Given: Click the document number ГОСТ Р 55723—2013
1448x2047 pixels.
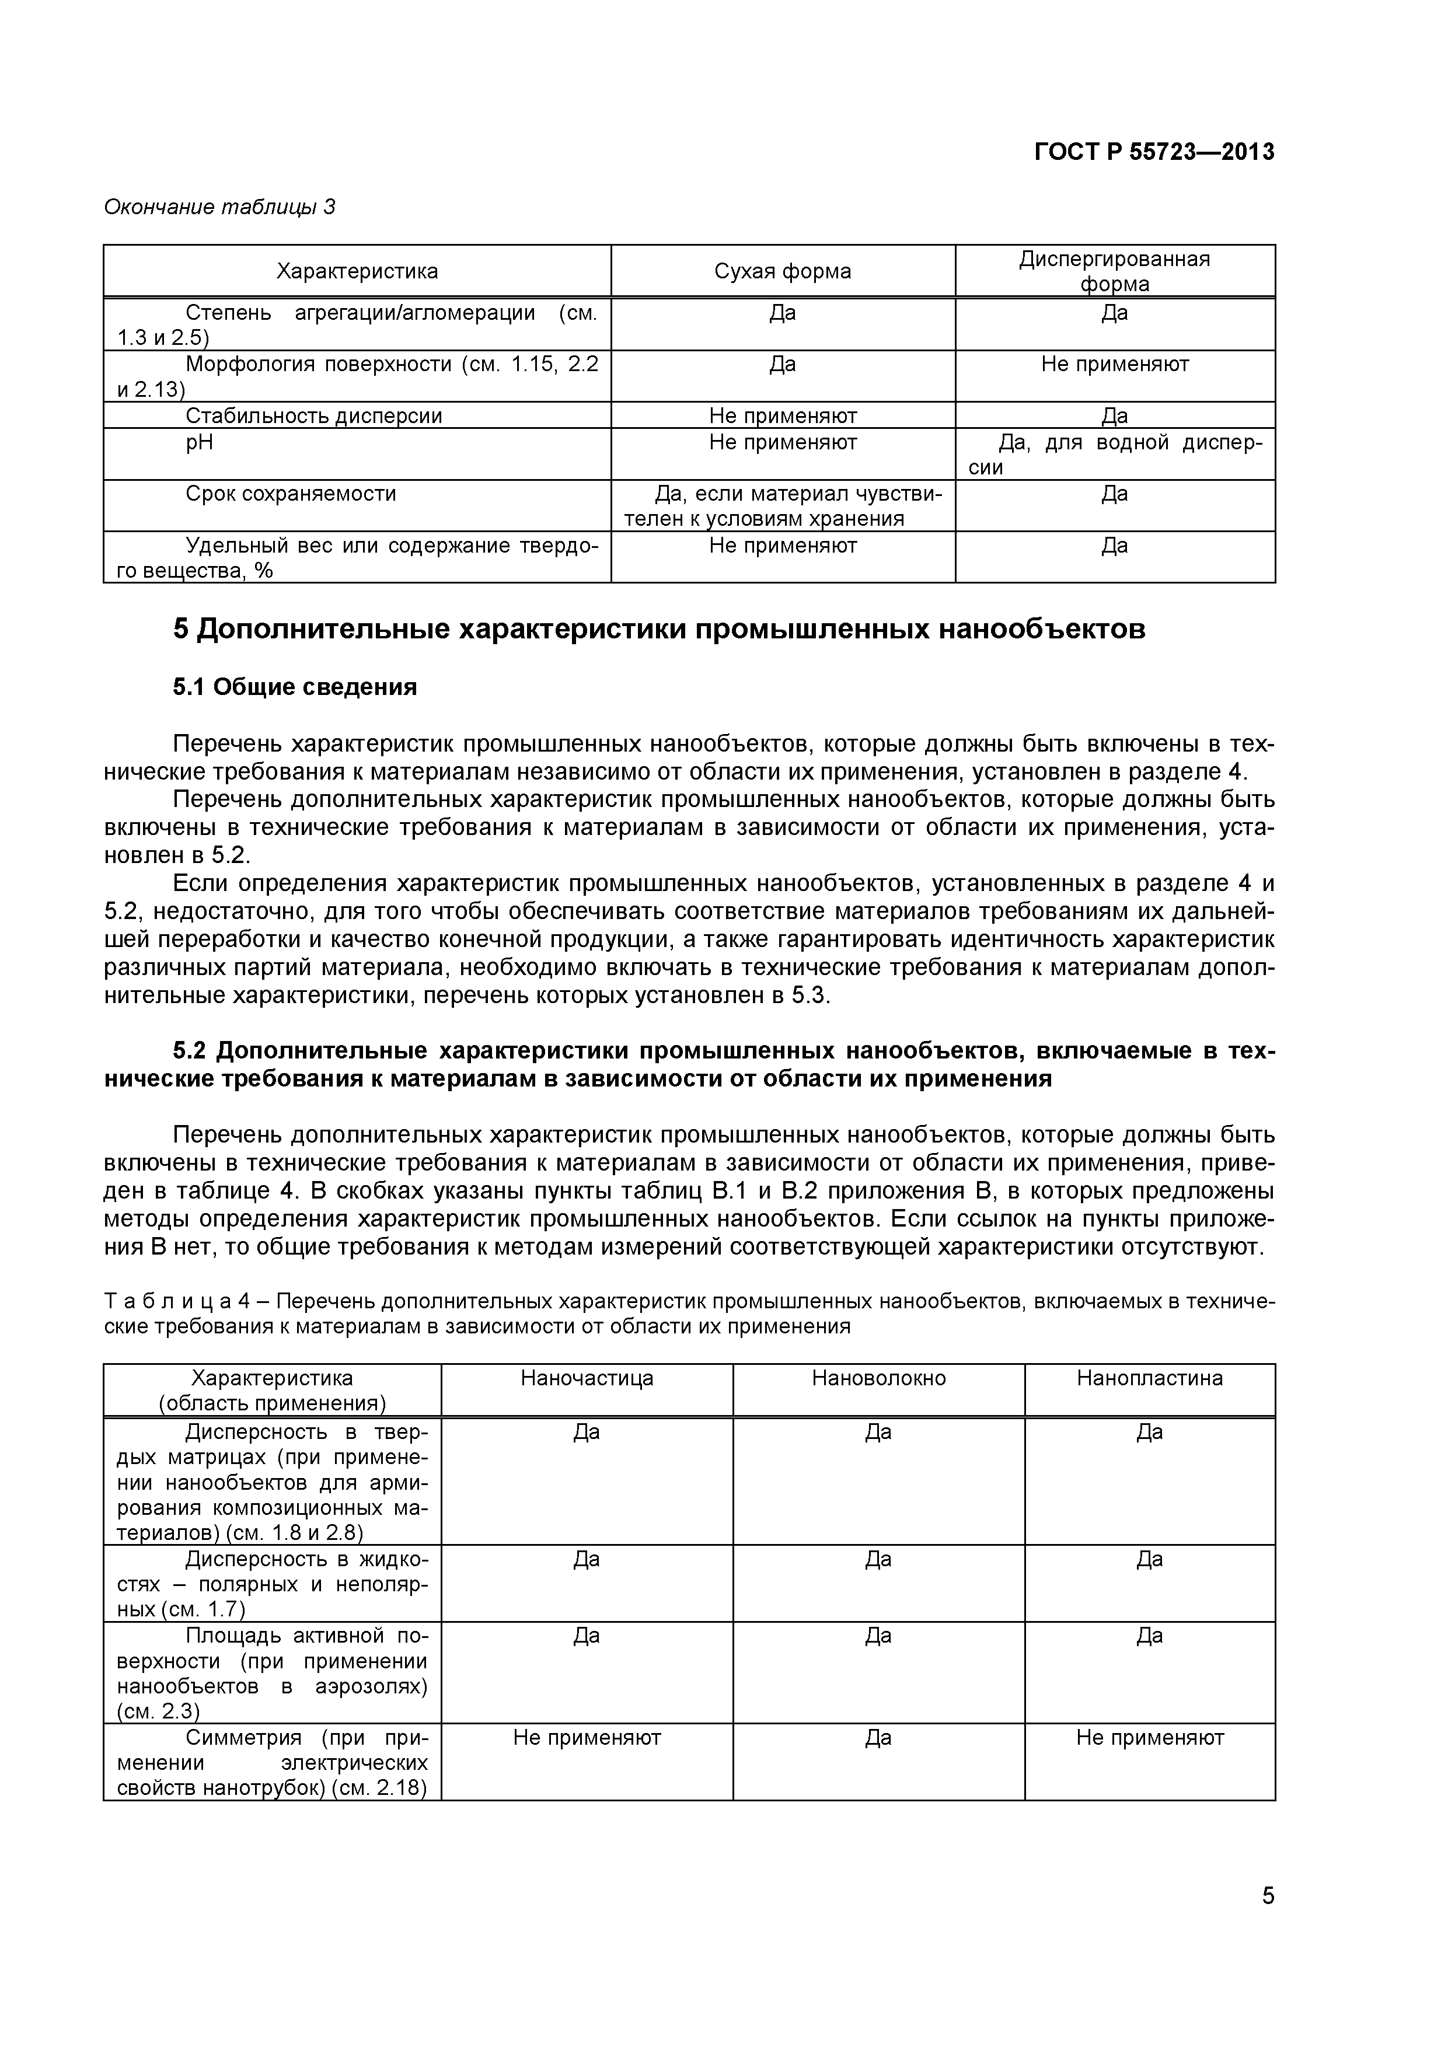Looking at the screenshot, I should pyautogui.click(x=1154, y=152).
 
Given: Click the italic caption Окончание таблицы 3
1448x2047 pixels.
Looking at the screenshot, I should pyautogui.click(x=219, y=207).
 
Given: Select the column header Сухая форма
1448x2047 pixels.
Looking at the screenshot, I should pyautogui.click(x=782, y=271).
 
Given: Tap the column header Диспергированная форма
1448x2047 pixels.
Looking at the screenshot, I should pyautogui.click(x=1115, y=271).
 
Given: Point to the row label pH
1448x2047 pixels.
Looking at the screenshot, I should pyautogui.click(x=200, y=442).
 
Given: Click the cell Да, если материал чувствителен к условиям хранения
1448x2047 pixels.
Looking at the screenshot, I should pyautogui.click(x=782, y=505).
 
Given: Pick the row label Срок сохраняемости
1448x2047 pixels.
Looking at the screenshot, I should pyautogui.click(x=291, y=494).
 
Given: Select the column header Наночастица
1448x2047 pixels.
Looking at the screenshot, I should pyautogui.click(x=587, y=1378).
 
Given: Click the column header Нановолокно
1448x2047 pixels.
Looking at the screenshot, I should pyautogui.click(x=878, y=1378).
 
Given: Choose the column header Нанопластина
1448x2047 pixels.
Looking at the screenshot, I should pyautogui.click(x=1149, y=1378).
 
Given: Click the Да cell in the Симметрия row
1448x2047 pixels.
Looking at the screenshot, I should pyautogui.click(x=878, y=1738).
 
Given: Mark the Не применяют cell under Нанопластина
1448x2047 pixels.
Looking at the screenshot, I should pyautogui.click(x=1149, y=1738).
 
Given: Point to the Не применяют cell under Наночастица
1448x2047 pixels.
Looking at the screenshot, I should pyautogui.click(x=587, y=1738).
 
